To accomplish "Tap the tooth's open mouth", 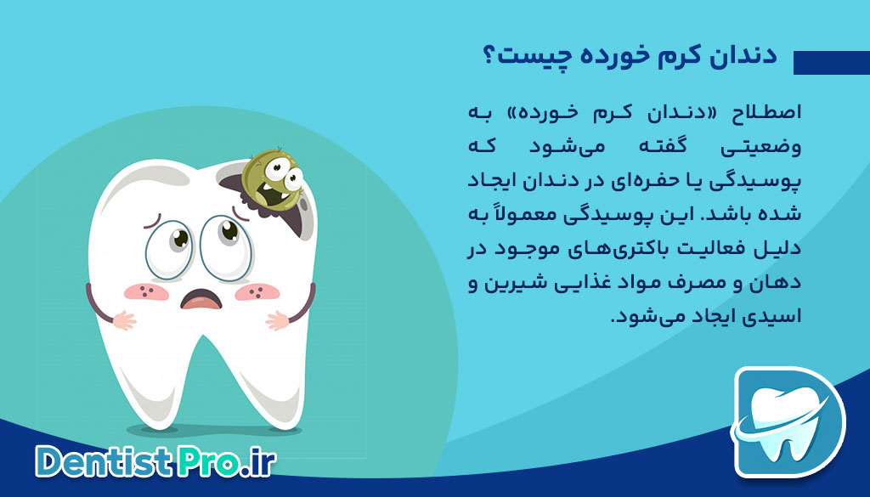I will (200, 300).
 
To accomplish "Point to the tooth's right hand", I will (279, 322).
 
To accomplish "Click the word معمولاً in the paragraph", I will (552, 216).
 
